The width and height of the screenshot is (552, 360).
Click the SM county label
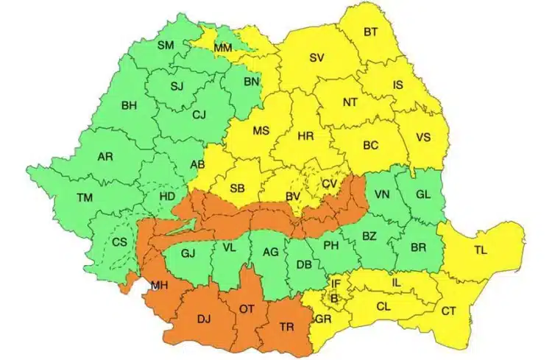click(165, 45)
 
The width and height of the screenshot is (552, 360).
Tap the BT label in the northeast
click(371, 32)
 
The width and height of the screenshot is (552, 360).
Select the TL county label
click(481, 251)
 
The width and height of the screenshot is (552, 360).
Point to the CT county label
click(448, 311)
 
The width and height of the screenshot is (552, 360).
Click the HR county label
click(305, 137)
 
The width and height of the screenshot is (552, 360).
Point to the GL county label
click(423, 194)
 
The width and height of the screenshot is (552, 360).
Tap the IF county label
click(336, 283)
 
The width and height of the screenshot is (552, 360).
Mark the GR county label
click(322, 320)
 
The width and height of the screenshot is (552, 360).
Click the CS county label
click(118, 242)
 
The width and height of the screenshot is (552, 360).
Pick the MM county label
click(222, 48)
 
